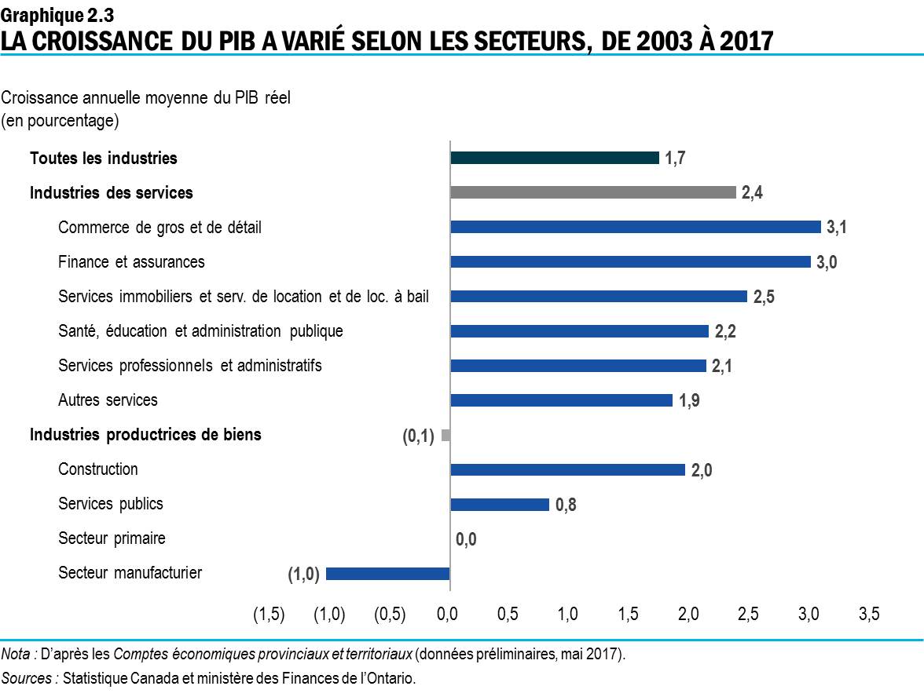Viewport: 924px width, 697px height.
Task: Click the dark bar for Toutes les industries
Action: [554, 158]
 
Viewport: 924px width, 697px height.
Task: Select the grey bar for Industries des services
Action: [592, 192]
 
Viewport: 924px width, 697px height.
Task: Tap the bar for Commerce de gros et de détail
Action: [635, 227]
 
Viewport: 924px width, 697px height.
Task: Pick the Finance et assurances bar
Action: [630, 261]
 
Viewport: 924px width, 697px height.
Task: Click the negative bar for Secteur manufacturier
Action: [387, 574]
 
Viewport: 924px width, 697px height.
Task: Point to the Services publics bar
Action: [499, 504]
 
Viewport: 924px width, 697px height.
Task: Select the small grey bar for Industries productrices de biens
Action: [445, 435]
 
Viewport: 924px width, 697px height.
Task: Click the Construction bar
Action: [567, 469]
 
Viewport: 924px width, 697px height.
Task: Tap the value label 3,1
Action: [836, 228]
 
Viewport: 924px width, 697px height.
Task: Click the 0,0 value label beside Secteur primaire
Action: [466, 539]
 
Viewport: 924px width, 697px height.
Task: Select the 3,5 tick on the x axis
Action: [868, 615]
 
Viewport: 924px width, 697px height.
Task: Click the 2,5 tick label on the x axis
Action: [748, 615]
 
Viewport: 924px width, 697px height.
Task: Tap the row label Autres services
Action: [108, 400]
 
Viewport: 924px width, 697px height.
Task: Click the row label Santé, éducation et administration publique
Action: [200, 331]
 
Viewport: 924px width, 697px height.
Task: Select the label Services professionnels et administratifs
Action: [189, 366]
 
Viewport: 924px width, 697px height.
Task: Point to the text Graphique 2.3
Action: [52, 13]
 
